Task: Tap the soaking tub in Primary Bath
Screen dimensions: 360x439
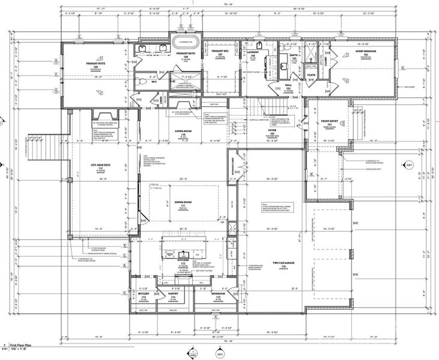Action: [186, 43]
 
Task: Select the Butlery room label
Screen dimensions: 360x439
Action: [144, 295]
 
